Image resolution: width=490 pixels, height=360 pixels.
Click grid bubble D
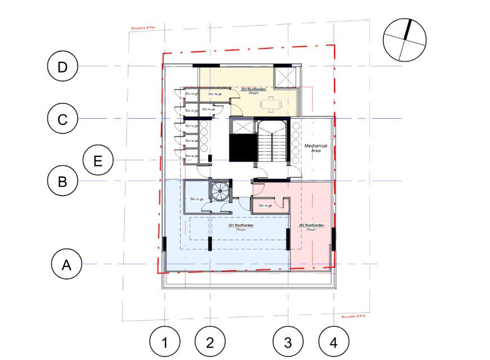(x=62, y=66)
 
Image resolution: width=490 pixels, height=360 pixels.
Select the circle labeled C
(x=62, y=119)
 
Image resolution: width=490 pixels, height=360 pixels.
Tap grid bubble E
(x=98, y=161)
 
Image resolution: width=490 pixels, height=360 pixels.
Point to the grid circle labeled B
(x=62, y=181)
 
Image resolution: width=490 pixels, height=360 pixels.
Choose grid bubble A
(x=66, y=264)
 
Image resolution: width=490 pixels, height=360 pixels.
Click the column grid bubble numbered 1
(x=165, y=342)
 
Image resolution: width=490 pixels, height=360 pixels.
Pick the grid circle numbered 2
(x=210, y=342)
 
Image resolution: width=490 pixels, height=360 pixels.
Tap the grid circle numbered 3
(x=288, y=342)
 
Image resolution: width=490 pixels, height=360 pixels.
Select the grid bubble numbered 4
(x=334, y=342)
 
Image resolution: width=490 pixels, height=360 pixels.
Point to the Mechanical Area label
(x=316, y=149)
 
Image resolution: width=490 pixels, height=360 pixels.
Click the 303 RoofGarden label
(x=254, y=89)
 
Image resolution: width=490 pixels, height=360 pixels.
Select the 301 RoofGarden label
(x=241, y=226)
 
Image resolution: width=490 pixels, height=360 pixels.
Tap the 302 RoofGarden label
(x=311, y=226)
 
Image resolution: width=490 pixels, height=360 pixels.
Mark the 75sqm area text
(x=241, y=229)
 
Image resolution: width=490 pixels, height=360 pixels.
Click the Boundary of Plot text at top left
(x=143, y=28)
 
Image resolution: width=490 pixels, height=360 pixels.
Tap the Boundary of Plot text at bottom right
(x=354, y=317)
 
